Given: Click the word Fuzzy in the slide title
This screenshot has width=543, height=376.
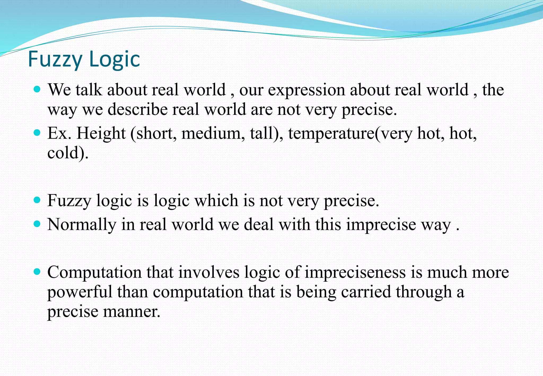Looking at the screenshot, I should tap(55, 59).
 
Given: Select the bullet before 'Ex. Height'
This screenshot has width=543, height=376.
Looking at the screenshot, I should tap(37, 132).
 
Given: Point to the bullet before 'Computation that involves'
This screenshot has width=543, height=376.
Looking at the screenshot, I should tap(37, 272).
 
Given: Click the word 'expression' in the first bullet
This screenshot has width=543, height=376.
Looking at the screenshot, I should tap(306, 90).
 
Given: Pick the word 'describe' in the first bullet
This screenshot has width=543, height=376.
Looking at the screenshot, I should tap(137, 110).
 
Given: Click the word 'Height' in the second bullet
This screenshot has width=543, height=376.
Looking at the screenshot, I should tap(101, 133).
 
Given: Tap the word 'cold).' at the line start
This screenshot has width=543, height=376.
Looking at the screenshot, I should tap(68, 153).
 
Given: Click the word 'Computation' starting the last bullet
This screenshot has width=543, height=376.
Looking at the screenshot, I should tap(94, 273).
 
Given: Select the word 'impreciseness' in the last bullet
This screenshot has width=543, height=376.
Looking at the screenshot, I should tap(355, 273).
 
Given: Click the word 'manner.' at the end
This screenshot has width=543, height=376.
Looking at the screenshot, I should tap(132, 312).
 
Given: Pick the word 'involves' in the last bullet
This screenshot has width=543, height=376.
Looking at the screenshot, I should tap(209, 273).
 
